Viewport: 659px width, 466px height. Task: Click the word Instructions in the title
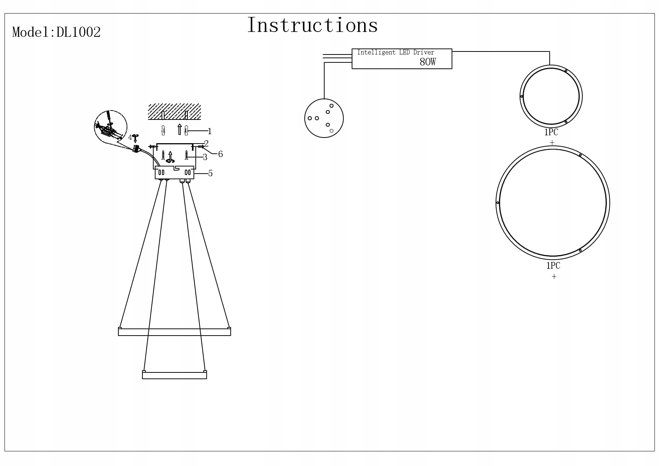coord(312,26)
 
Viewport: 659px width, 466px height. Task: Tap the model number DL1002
coord(79,32)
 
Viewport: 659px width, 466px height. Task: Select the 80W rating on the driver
coord(428,62)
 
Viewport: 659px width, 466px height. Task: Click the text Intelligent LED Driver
coord(395,53)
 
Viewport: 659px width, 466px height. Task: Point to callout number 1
coord(210,131)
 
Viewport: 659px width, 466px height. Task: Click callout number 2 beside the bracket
coord(206,144)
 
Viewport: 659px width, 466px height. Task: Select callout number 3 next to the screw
coord(205,157)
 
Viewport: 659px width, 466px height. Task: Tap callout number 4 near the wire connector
coord(130,137)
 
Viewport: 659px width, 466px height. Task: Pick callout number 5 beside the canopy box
coord(210,173)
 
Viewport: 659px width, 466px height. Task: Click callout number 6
coord(221,154)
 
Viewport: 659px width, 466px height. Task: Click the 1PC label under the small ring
coord(551,132)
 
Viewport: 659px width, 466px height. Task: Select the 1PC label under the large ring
coord(553,266)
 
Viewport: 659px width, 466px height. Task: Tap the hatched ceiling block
coord(174,112)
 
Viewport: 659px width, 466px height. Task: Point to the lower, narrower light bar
coord(174,375)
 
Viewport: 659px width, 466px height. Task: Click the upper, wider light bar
coord(174,332)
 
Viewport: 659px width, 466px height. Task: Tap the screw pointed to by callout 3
coord(186,154)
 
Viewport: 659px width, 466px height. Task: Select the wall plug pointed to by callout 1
coord(186,131)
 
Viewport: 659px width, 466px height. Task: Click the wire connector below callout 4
coord(136,148)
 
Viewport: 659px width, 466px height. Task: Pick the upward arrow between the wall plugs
coord(180,129)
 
